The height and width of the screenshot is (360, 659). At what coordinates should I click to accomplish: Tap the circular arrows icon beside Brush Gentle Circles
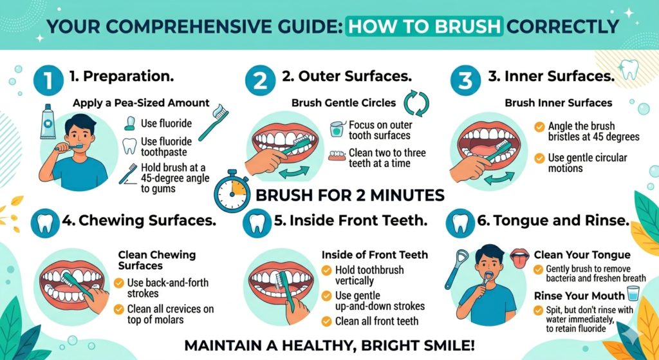(415, 103)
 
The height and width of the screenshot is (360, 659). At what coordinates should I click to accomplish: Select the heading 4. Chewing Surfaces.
(138, 221)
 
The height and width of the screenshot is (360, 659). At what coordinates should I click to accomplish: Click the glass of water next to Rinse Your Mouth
(633, 295)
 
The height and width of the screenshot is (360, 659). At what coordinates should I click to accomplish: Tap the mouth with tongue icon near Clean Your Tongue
(519, 256)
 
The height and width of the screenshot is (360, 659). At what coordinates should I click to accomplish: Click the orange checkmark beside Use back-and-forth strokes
(119, 283)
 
